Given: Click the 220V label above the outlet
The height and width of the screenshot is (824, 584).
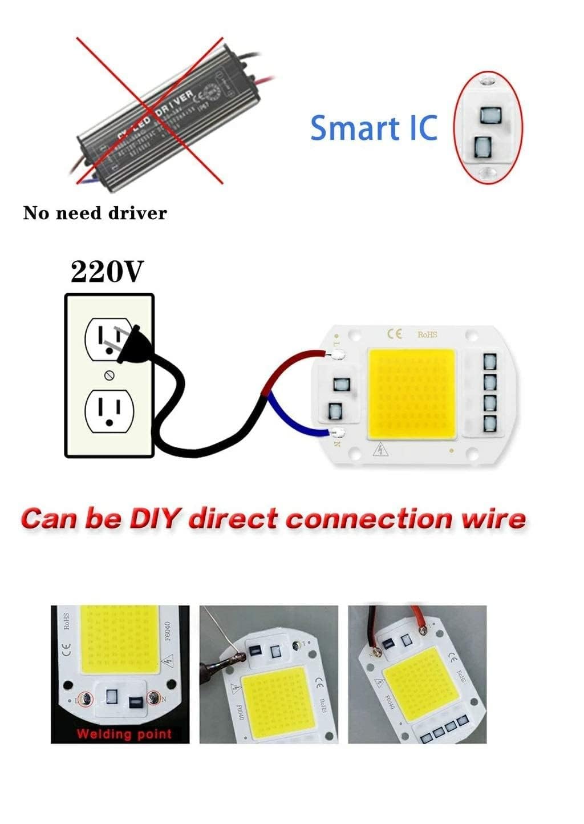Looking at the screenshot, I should pos(106,272).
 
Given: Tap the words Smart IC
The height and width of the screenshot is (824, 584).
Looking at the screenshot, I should pos(374,128).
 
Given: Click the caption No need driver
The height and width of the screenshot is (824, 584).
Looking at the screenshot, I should pos(95,213).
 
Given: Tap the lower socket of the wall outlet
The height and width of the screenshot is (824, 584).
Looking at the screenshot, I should pos(109,410).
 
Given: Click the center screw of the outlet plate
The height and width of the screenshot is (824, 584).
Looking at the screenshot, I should pos(110,375).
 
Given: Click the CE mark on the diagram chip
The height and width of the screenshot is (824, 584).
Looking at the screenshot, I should pos(395,333).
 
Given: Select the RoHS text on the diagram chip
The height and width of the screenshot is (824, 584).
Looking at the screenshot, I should pos(427,334).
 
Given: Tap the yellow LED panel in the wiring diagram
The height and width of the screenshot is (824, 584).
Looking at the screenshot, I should pos(412,394).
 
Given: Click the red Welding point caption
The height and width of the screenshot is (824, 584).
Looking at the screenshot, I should pos(124,734).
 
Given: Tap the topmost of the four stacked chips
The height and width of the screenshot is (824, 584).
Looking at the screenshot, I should pos(489,362).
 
